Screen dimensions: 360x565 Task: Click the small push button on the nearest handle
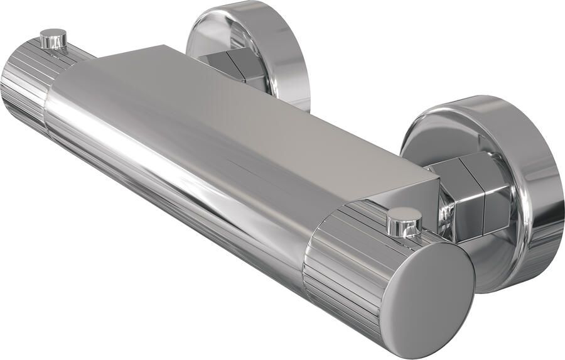tap(404, 222)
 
